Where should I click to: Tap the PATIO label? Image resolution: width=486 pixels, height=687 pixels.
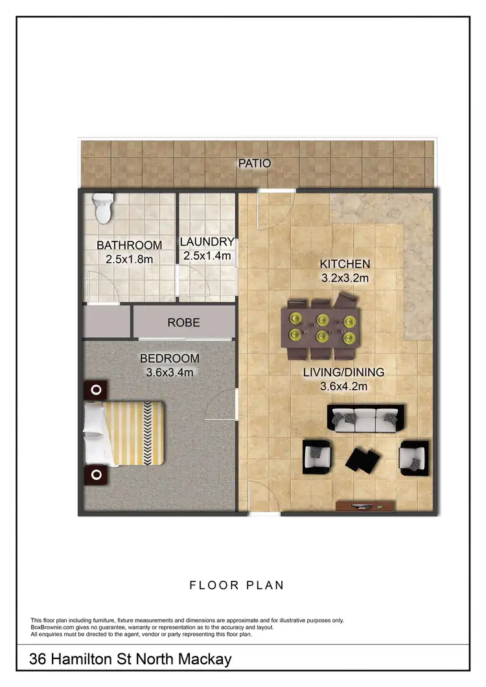pyautogui.click(x=254, y=163)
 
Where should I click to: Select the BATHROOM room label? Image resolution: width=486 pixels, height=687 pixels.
pyautogui.click(x=129, y=245)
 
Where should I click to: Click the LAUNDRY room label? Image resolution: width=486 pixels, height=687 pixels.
pyautogui.click(x=207, y=242)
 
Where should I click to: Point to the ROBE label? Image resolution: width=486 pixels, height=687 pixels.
pyautogui.click(x=183, y=322)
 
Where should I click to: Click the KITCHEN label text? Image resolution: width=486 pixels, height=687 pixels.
pyautogui.click(x=345, y=264)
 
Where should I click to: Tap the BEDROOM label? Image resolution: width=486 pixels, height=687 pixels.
pyautogui.click(x=170, y=359)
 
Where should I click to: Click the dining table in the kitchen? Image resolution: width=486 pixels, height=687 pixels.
pyautogui.click(x=321, y=328)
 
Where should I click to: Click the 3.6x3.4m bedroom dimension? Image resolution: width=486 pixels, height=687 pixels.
pyautogui.click(x=170, y=373)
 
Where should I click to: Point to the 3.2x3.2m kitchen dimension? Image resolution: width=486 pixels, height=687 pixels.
pyautogui.click(x=345, y=278)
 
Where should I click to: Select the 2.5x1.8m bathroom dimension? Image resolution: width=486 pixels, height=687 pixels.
pyautogui.click(x=129, y=260)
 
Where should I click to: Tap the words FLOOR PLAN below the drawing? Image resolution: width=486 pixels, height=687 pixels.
pyautogui.click(x=237, y=585)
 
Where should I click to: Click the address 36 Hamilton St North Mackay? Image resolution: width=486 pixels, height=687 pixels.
pyautogui.click(x=130, y=660)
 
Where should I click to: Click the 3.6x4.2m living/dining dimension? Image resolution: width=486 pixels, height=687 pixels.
pyautogui.click(x=344, y=387)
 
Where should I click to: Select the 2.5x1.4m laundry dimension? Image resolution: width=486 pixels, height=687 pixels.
pyautogui.click(x=207, y=256)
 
